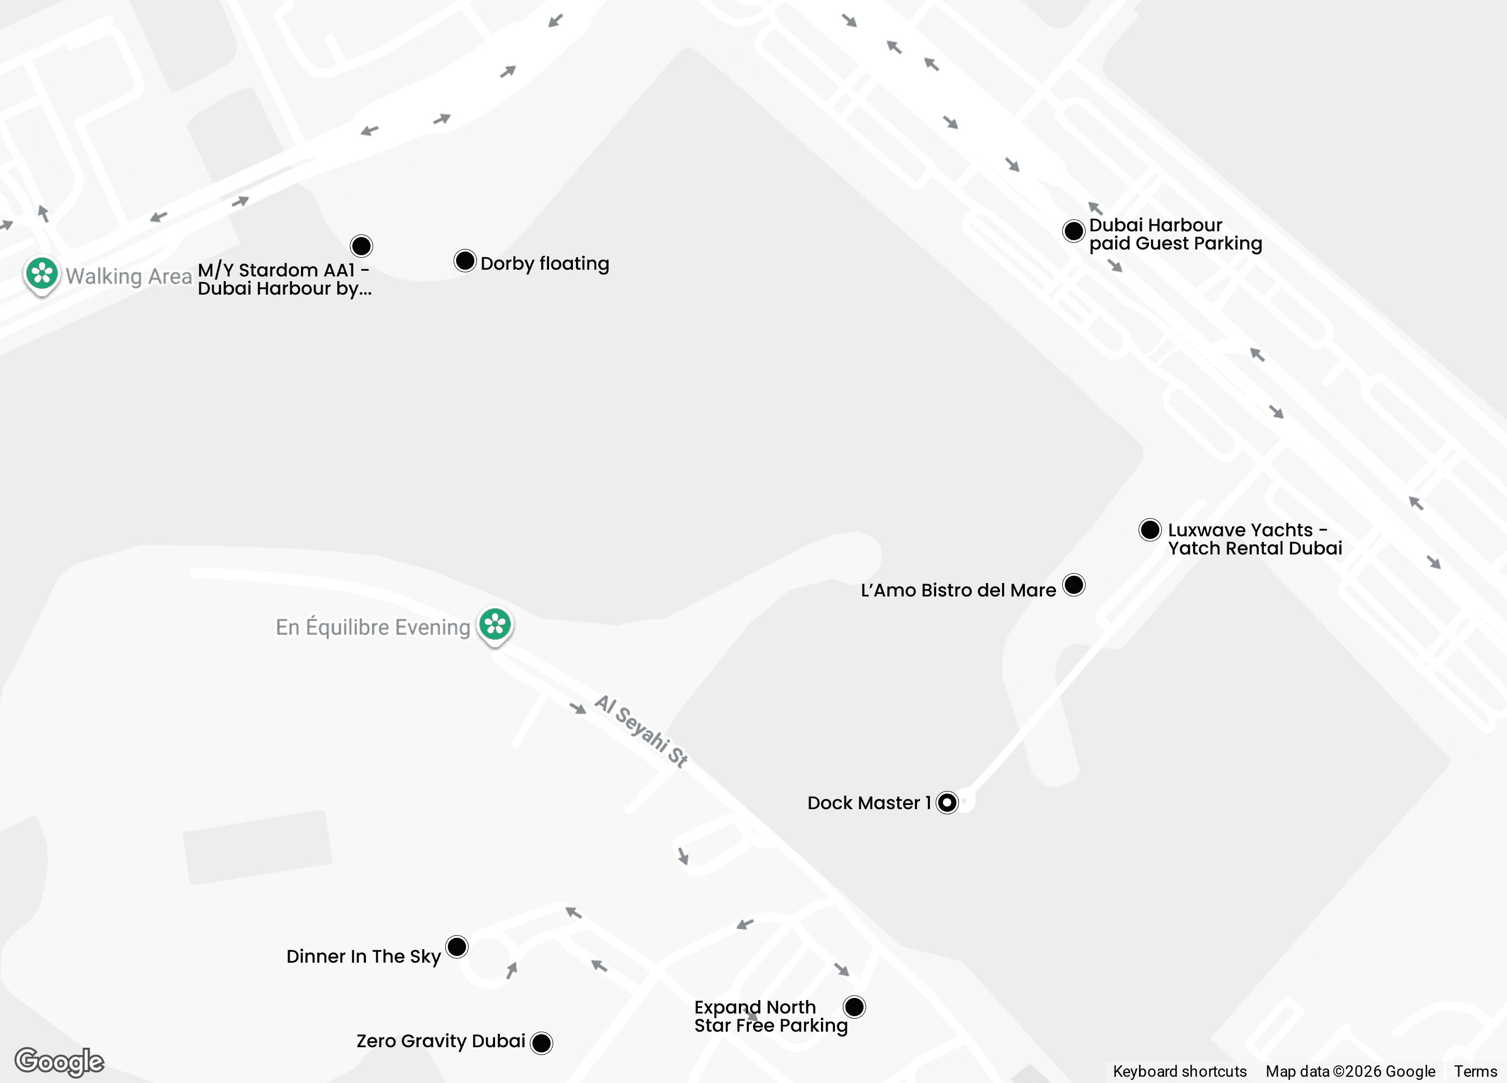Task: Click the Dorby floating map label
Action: [544, 263]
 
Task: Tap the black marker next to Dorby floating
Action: [465, 261]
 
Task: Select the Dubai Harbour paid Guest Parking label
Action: [1175, 234]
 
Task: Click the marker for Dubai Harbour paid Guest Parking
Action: [1074, 231]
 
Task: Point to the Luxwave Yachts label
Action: [1254, 539]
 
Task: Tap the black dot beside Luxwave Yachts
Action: [1149, 530]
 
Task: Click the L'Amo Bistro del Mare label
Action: [957, 590]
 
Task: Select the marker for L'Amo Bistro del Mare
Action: [1074, 585]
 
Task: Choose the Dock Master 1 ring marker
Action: [947, 803]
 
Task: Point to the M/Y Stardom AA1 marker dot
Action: [362, 246]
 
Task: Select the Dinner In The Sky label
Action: [363, 956]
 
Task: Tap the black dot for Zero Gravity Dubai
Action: [542, 1043]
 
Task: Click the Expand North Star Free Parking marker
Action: [855, 1007]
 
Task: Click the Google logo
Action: [59, 1061]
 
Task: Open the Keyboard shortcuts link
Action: [1180, 1071]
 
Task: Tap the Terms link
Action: [1475, 1071]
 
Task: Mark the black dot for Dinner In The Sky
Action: [457, 947]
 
